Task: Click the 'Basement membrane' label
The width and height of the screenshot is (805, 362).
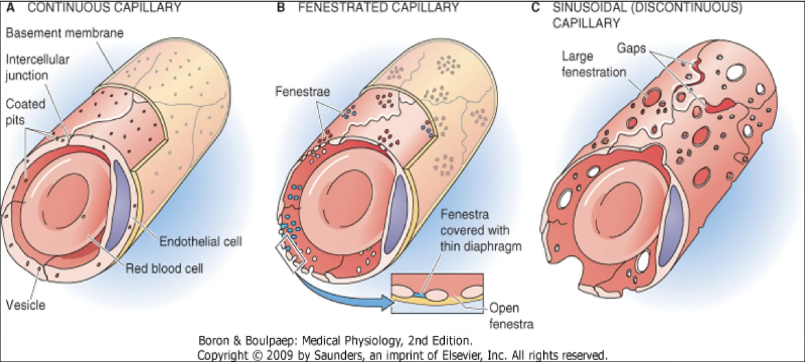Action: pyautogui.click(x=64, y=33)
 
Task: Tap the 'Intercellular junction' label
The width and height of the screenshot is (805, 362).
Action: pyautogui.click(x=37, y=67)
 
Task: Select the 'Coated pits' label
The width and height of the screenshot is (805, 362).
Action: pyautogui.click(x=25, y=112)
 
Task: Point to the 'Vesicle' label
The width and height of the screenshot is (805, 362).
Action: pyautogui.click(x=26, y=305)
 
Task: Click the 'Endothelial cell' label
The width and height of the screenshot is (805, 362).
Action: pyautogui.click(x=201, y=242)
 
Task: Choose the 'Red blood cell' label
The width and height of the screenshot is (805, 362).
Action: pyautogui.click(x=164, y=269)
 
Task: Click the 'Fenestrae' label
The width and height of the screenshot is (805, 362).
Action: pyautogui.click(x=303, y=92)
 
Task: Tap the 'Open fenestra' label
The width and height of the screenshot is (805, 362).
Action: pyautogui.click(x=511, y=316)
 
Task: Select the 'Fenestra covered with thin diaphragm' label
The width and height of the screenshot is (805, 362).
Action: pyautogui.click(x=481, y=230)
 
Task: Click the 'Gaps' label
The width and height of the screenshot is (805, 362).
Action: pyautogui.click(x=631, y=48)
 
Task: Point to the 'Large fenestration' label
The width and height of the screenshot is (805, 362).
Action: pyautogui.click(x=594, y=64)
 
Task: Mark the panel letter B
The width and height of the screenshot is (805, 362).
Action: pyautogui.click(x=281, y=7)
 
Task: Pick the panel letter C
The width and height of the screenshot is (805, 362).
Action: pyautogui.click(x=535, y=7)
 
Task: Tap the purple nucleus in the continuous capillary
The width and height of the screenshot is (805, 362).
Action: pyautogui.click(x=122, y=206)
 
